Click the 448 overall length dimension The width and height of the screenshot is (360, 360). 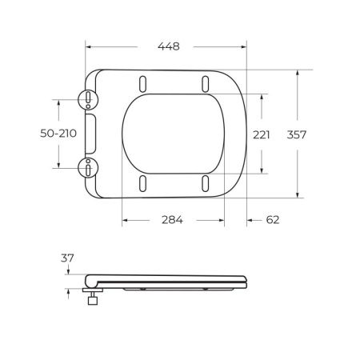coord(167,46)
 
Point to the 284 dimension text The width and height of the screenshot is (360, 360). coord(172,220)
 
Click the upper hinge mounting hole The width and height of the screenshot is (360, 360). coord(86,99)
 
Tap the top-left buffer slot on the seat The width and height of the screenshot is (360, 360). coord(142,82)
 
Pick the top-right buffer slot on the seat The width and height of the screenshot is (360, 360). coord(205,82)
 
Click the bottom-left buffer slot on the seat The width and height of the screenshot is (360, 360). coord(142,183)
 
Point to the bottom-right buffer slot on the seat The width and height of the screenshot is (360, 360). coord(205,183)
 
